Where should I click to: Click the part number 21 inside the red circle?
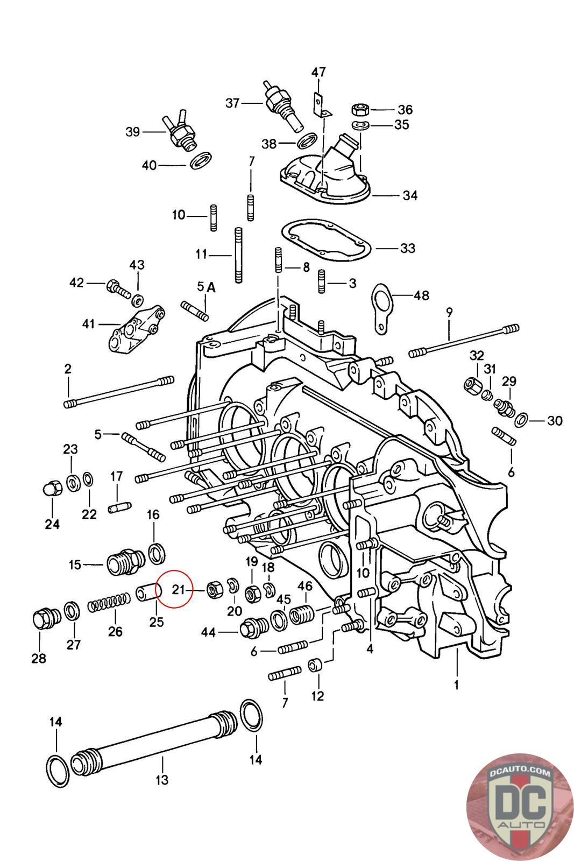[x=179, y=589]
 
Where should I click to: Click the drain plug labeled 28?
[x=45, y=619]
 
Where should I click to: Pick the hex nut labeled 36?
[x=361, y=109]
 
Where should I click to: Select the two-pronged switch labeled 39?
[x=179, y=131]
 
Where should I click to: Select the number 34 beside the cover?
[x=410, y=195]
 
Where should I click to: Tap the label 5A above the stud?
[x=207, y=287]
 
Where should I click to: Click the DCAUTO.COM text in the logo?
[x=520, y=772]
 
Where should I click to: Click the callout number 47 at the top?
[x=318, y=72]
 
